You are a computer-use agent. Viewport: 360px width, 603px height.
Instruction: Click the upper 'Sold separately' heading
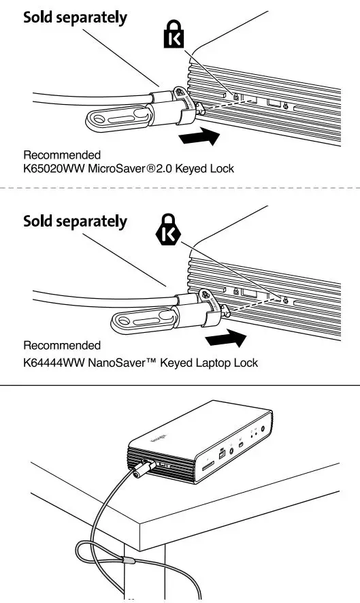pyautogui.click(x=75, y=18)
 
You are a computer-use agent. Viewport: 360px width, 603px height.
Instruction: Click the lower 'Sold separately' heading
pyautogui.click(x=75, y=221)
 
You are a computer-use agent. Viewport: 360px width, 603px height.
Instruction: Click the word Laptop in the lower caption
pyautogui.click(x=210, y=363)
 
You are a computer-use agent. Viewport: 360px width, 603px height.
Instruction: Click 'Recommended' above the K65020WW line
pyautogui.click(x=62, y=154)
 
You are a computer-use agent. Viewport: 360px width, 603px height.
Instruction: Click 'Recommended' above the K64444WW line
pyautogui.click(x=62, y=346)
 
